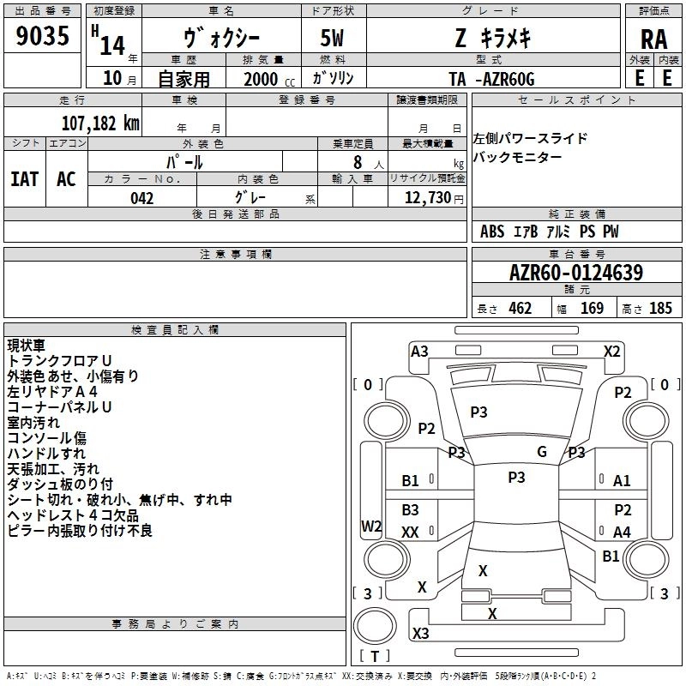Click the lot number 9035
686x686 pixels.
tap(42, 36)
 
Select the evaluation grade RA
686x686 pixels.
tap(653, 39)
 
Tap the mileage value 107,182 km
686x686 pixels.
tap(100, 123)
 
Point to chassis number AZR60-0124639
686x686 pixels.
tap(576, 273)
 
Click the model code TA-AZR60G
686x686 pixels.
tap(491, 79)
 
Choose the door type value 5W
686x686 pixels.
tap(332, 38)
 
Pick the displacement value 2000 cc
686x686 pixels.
tap(269, 79)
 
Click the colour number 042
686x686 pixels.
tap(141, 198)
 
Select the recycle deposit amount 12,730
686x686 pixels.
tap(427, 198)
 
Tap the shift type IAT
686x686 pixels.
tap(25, 179)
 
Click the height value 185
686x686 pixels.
tap(660, 309)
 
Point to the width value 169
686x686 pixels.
tap(592, 309)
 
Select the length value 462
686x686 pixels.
tap(521, 309)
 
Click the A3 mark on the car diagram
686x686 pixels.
tap(419, 352)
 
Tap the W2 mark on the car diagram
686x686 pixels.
tap(371, 526)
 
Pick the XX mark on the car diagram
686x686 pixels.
tap(410, 532)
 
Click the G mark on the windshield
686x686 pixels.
tap(542, 452)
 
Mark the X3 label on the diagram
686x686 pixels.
tap(420, 633)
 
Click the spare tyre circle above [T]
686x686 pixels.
tap(375, 626)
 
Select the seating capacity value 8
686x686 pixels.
tap(358, 162)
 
